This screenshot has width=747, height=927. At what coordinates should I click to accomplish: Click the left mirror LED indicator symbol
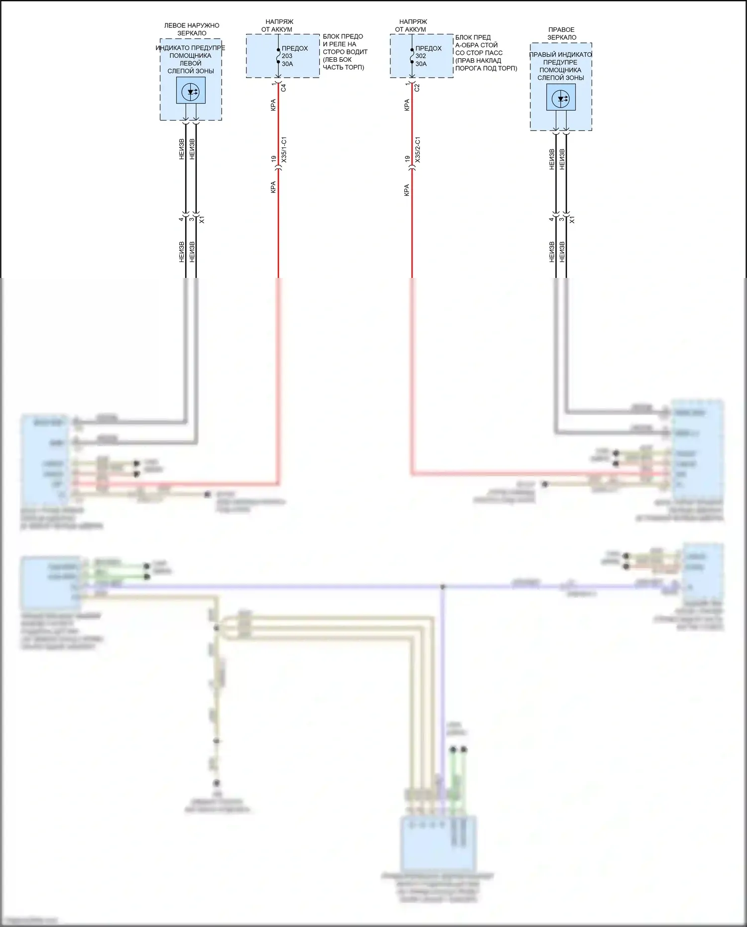(x=191, y=91)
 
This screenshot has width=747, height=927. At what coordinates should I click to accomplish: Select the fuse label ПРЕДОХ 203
(x=294, y=52)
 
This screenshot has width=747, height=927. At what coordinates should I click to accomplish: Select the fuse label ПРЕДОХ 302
(x=428, y=52)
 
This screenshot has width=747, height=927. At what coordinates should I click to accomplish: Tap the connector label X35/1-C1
(x=284, y=149)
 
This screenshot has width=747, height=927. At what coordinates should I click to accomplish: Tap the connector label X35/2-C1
(x=417, y=149)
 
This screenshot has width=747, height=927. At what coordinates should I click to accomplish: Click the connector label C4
(x=283, y=88)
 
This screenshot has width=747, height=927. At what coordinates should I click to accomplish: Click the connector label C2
(x=417, y=88)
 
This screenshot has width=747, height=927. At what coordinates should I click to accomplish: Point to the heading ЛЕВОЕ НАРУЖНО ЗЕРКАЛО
(x=192, y=29)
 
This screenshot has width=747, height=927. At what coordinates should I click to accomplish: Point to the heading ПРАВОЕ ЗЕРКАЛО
(x=562, y=33)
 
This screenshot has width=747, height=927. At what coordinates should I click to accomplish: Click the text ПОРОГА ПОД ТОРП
(x=486, y=68)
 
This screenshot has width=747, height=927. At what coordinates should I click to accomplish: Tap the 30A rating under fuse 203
(x=287, y=64)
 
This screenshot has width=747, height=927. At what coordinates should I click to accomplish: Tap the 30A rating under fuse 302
(x=421, y=64)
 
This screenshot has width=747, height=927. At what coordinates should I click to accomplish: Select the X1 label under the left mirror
(x=202, y=220)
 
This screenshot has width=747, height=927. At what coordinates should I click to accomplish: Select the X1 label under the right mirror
(x=572, y=220)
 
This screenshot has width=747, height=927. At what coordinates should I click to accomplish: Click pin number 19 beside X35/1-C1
(x=273, y=159)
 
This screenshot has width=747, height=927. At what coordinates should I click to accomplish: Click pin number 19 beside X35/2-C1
(x=407, y=159)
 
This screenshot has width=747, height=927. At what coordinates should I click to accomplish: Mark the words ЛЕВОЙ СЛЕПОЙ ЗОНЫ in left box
(x=191, y=67)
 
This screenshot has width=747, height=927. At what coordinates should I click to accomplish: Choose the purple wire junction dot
(x=442, y=587)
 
